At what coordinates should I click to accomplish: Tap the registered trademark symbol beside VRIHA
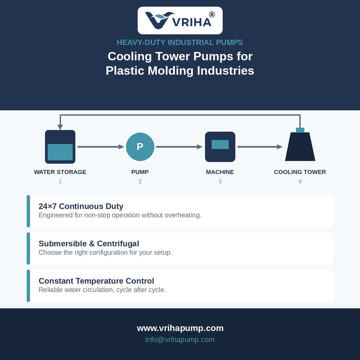point(212,14)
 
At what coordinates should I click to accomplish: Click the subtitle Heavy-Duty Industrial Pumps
point(180,42)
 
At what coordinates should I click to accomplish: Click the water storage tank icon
point(60,147)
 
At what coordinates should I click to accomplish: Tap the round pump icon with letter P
point(140,147)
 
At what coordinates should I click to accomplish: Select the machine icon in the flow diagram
point(220,147)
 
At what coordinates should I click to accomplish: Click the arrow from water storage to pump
point(101,147)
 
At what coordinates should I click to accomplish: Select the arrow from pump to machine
point(179,147)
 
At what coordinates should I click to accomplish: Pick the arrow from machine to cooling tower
point(260,147)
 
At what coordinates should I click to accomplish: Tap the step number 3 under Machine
point(220,181)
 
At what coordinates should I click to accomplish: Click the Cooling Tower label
point(300,172)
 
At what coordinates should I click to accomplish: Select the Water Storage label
point(60,172)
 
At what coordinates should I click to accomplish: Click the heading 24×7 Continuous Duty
point(81,206)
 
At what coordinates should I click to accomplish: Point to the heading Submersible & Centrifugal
point(89,244)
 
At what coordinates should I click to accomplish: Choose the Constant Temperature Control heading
point(96,281)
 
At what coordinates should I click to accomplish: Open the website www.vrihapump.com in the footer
point(180,328)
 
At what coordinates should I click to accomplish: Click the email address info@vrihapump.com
point(180,339)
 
